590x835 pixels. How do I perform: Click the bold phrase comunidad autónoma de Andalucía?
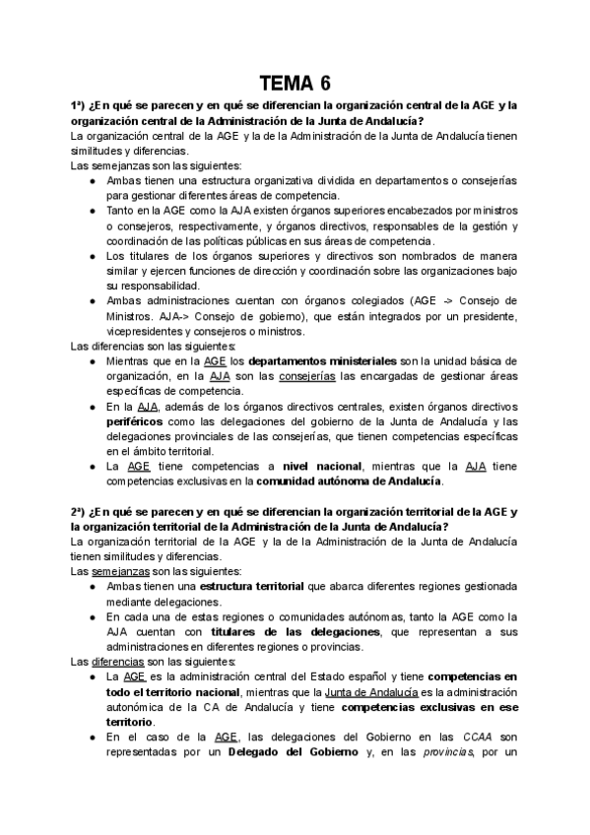point(349,481)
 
